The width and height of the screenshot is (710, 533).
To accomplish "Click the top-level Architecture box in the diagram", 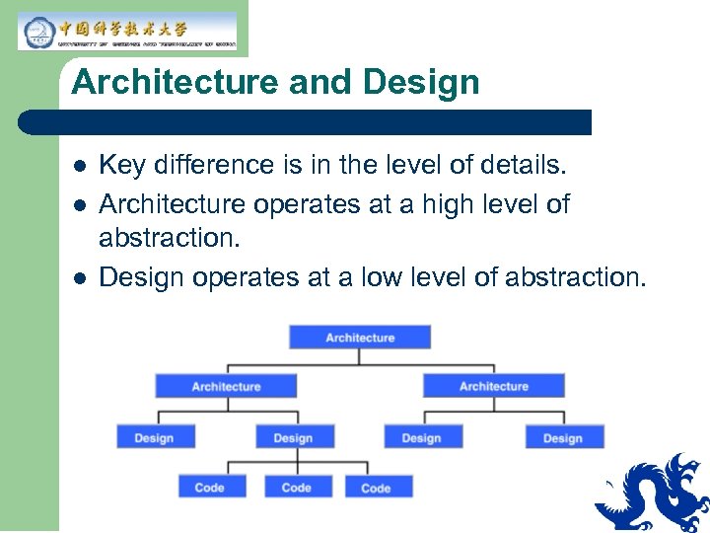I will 360,337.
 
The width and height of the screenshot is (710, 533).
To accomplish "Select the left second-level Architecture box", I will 226,386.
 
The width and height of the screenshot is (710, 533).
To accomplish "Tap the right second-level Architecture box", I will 494,386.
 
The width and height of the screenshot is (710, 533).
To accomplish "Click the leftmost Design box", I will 155,437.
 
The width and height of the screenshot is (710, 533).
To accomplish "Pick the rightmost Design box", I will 563,437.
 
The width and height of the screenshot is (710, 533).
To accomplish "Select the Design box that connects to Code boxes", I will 294,437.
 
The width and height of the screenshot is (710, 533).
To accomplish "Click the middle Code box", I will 297,487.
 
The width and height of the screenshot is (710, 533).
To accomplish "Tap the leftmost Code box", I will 210,487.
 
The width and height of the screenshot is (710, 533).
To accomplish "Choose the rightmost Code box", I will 377,487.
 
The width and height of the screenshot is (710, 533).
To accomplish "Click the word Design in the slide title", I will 421,82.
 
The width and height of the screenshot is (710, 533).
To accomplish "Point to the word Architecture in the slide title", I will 176,82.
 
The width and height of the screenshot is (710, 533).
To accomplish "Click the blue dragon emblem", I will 654,493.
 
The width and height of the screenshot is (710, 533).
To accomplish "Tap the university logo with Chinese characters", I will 127,31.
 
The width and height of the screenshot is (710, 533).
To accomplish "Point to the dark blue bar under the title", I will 306,122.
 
